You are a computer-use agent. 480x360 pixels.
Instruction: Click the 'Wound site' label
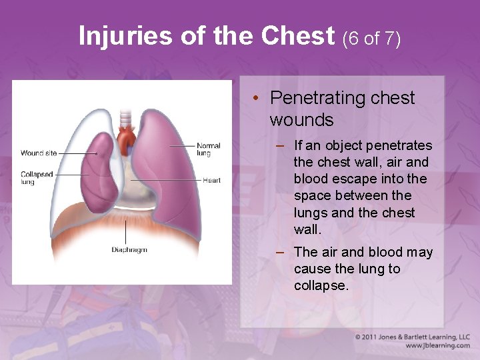(39, 153)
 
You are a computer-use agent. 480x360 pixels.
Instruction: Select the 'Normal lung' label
(208, 149)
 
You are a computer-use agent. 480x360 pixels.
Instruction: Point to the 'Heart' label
(211, 180)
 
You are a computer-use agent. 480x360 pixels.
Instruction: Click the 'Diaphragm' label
(129, 250)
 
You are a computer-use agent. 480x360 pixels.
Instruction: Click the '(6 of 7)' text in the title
(371, 39)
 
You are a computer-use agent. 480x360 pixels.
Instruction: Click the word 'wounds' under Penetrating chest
(301, 120)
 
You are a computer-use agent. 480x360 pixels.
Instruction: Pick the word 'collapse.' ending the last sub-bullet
(321, 285)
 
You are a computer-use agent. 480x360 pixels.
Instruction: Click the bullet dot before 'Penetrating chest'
(256, 99)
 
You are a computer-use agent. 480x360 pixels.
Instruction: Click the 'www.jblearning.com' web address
(437, 345)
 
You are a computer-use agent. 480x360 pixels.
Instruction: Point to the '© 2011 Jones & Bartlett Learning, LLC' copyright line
(413, 337)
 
